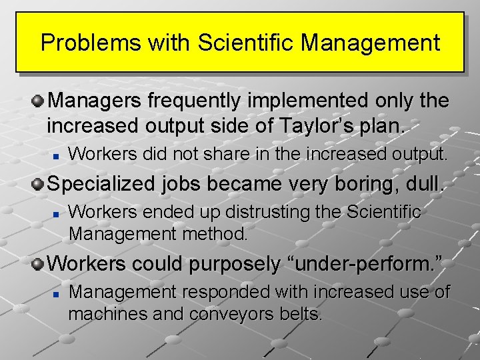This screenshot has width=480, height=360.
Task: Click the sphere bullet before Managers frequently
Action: (x=39, y=101)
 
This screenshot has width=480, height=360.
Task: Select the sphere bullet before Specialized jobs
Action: (x=39, y=183)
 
